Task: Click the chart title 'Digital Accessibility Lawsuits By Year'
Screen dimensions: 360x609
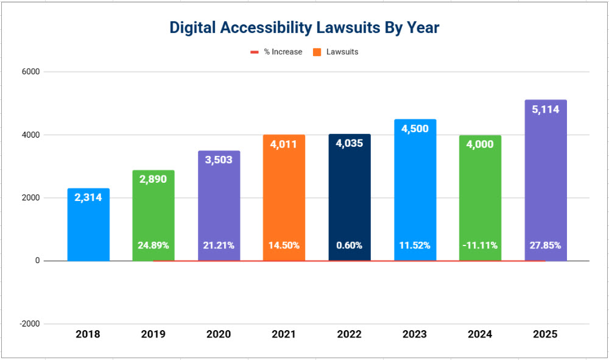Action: point(304,27)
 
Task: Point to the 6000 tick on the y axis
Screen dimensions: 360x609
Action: point(30,72)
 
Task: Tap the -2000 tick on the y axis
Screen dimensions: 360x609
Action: point(29,324)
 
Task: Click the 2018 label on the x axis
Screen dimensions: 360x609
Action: point(88,334)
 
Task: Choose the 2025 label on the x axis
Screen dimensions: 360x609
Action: point(545,334)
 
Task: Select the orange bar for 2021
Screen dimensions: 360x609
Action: point(284,195)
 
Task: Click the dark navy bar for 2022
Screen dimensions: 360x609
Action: point(349,195)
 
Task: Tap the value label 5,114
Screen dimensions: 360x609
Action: point(545,110)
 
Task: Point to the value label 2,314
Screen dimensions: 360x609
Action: point(88,197)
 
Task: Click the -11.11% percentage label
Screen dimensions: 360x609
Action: point(480,245)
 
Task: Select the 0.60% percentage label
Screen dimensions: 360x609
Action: point(349,245)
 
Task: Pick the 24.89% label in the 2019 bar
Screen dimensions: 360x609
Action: point(153,245)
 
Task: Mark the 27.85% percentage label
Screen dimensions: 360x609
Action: point(545,245)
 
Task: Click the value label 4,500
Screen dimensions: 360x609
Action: point(415,129)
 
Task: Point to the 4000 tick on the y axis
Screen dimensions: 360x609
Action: point(30,135)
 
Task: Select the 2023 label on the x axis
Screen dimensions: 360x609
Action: point(415,334)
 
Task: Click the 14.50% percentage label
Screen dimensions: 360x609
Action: point(284,245)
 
